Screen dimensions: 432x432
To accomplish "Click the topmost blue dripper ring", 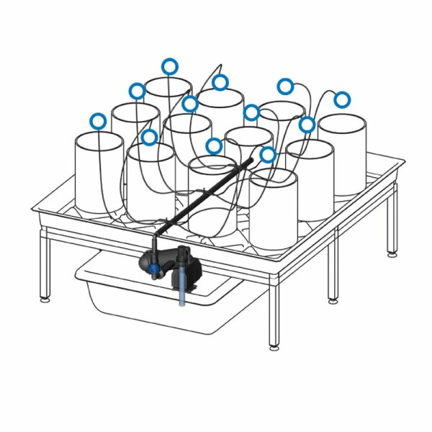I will [169, 66].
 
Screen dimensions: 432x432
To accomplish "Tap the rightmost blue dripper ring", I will [341, 99].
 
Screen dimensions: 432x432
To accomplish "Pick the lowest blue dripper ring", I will [268, 154].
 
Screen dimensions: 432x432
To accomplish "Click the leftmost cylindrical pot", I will [99, 173].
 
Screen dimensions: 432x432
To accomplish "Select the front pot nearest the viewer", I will [274, 209].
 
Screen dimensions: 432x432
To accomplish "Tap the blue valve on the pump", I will [154, 271].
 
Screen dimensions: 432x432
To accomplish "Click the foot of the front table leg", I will [274, 348].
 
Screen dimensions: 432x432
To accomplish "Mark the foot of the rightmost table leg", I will [392, 253].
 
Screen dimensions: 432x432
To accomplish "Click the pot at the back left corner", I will [168, 97].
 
